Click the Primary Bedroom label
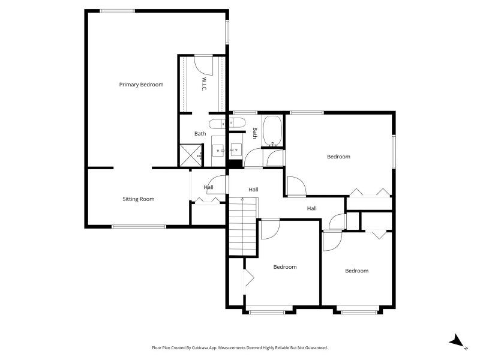tap(141, 85)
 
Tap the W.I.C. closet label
tap(204, 84)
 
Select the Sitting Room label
tap(139, 199)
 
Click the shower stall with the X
tap(190, 155)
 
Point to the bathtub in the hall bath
tap(272, 131)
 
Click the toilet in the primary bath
tap(217, 124)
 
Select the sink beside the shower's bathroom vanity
tap(219, 151)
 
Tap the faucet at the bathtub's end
tap(272, 144)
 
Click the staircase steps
tap(243, 227)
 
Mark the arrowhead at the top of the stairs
tap(243, 199)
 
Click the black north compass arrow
tap(456, 340)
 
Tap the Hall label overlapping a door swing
tap(208, 187)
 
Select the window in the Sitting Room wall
tap(139, 227)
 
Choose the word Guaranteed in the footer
tap(318, 348)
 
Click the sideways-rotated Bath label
tap(254, 133)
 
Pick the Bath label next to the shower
tap(200, 133)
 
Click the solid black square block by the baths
tap(236, 164)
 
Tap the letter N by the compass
tap(466, 348)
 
